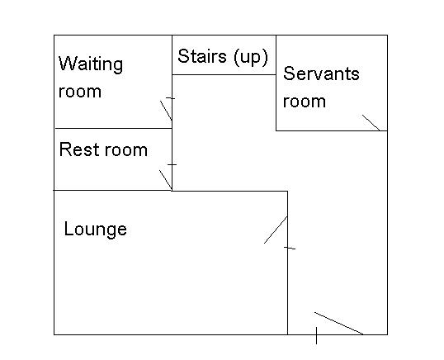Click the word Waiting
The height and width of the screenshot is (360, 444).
[x=91, y=64]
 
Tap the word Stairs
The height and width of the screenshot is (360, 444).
[x=202, y=56]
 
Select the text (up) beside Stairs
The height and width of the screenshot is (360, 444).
[x=251, y=57]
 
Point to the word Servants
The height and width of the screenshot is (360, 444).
[x=321, y=73]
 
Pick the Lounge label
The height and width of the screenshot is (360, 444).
[x=96, y=230]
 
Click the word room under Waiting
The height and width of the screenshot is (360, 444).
[x=80, y=92]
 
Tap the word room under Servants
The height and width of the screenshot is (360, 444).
[x=305, y=102]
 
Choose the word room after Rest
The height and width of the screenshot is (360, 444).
[x=125, y=150]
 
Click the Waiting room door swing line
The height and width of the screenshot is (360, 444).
[x=166, y=111]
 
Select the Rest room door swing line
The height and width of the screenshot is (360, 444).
[x=166, y=180]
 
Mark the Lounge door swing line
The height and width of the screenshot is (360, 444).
[x=276, y=230]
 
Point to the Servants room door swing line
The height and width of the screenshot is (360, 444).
[x=371, y=123]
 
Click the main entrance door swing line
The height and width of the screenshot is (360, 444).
[x=338, y=324]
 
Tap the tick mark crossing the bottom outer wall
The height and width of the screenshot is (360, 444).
[x=316, y=335]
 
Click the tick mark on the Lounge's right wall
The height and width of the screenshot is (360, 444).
[x=290, y=249]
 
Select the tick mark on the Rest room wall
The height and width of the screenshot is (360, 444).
[x=172, y=164]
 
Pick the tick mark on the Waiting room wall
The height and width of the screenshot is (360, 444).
[x=171, y=98]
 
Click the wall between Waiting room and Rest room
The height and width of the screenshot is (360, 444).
[x=113, y=128]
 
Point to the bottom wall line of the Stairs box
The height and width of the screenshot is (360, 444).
[x=224, y=75]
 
